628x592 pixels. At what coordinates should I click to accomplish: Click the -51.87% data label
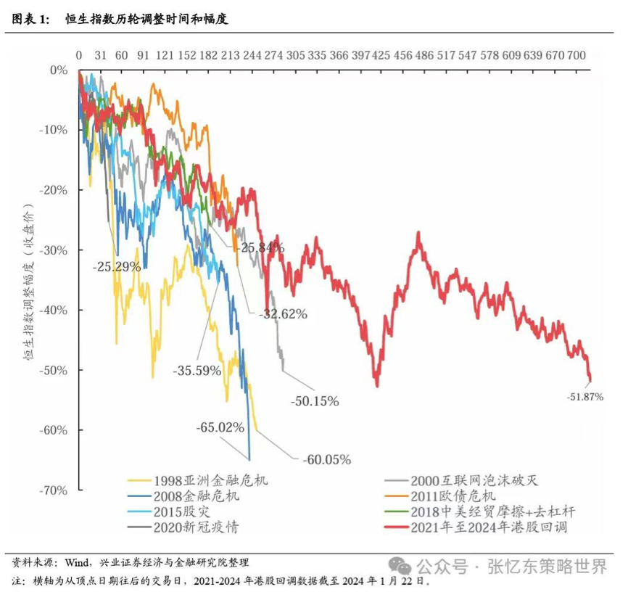[x=585, y=397]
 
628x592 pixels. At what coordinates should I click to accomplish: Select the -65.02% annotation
[x=220, y=427]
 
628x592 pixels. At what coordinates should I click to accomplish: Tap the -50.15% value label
[x=314, y=400]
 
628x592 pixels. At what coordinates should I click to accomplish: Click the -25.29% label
[x=116, y=266]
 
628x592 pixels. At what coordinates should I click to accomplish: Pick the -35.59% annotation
[x=197, y=370]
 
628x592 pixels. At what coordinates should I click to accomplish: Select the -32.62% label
[x=282, y=314]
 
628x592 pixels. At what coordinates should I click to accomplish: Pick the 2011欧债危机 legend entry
[x=459, y=496]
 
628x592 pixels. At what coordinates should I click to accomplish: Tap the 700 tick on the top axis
[x=577, y=55]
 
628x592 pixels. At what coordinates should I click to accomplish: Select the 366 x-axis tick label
[x=338, y=55]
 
